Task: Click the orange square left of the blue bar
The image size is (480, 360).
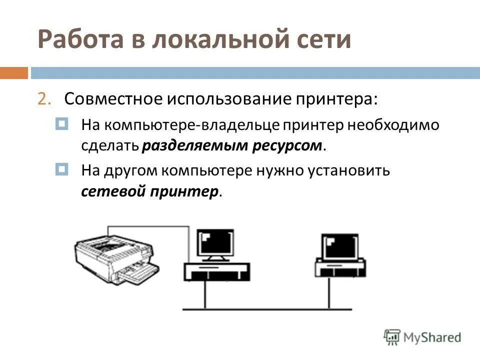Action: [13, 73]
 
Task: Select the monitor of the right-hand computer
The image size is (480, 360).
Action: [340, 246]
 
